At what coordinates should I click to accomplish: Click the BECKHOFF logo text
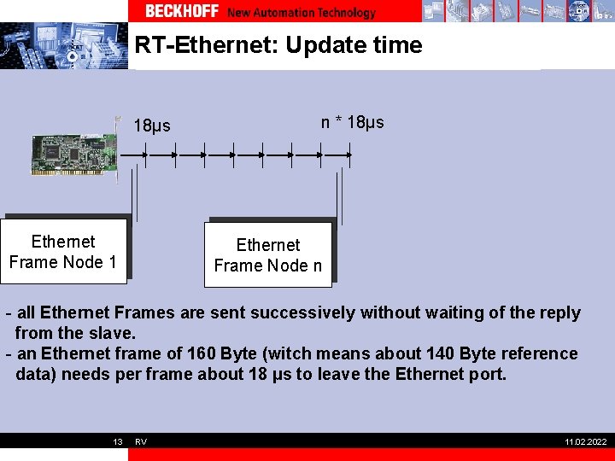181,12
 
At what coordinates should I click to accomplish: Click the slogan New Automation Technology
302,13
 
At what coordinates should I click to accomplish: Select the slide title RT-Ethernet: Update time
278,45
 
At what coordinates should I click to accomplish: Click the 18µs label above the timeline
152,126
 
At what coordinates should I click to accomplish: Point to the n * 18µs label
352,122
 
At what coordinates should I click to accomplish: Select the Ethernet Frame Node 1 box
63,252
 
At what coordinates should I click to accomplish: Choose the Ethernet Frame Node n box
267,255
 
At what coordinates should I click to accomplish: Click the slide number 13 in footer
118,441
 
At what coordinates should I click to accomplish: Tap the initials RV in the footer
141,441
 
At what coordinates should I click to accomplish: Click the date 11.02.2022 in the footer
586,441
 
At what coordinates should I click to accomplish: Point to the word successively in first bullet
311,313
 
